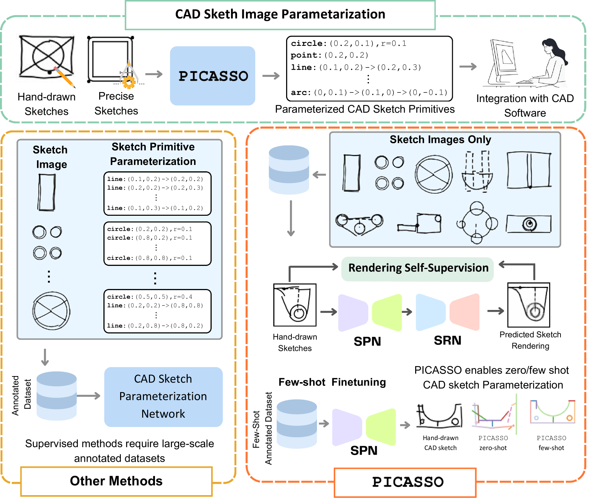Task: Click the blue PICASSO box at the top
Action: pos(213,76)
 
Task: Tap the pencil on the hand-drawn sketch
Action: pos(64,77)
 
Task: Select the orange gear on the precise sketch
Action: pos(129,82)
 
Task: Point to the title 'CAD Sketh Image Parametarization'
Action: pos(280,14)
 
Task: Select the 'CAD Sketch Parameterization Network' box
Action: pos(163,397)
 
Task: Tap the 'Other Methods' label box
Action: pos(116,481)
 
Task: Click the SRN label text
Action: pos(447,341)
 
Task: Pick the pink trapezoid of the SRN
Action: pos(465,311)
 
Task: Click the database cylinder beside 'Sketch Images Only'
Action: pos(289,170)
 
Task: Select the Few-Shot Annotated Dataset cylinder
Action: pos(297,424)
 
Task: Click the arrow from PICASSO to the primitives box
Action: pos(271,76)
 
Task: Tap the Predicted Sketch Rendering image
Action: pos(529,305)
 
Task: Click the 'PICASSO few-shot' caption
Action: pos(551,443)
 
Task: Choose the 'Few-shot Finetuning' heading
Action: pos(332,382)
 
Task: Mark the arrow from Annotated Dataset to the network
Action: pos(88,396)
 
